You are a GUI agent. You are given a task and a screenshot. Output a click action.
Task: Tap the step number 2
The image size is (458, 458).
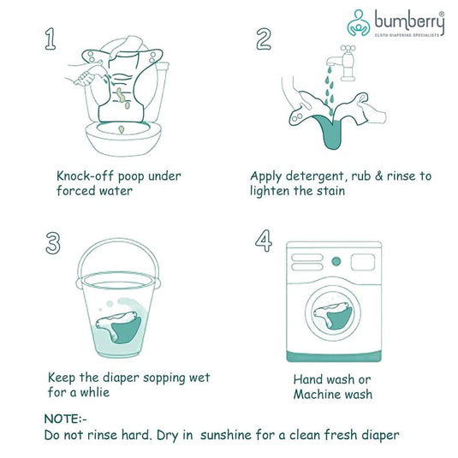pos(264,39)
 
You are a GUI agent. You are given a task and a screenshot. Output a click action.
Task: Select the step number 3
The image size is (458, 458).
pos(53,242)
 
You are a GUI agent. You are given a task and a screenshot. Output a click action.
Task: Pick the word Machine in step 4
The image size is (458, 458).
pos(318,394)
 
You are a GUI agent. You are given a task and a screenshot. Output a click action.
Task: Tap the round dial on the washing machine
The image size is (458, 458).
pos(336,260)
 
